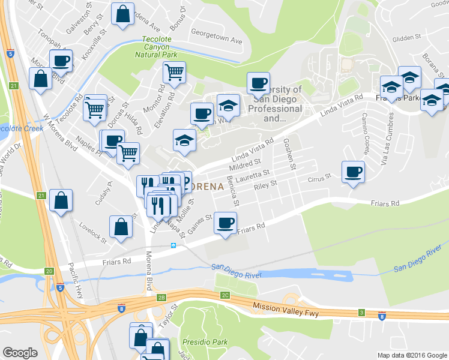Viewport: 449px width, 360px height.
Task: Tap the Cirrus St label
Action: [319, 178]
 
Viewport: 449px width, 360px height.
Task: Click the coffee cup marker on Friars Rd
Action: [226, 223]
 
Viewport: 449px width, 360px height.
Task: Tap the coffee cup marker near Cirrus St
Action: [352, 172]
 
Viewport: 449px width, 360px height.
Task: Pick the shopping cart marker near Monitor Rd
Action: [174, 73]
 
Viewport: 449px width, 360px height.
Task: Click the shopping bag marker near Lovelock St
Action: [121, 226]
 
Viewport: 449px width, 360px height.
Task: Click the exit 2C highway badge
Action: [225, 295]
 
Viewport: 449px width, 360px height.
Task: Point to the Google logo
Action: [20, 353]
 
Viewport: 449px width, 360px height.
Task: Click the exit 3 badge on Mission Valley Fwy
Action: [361, 313]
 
